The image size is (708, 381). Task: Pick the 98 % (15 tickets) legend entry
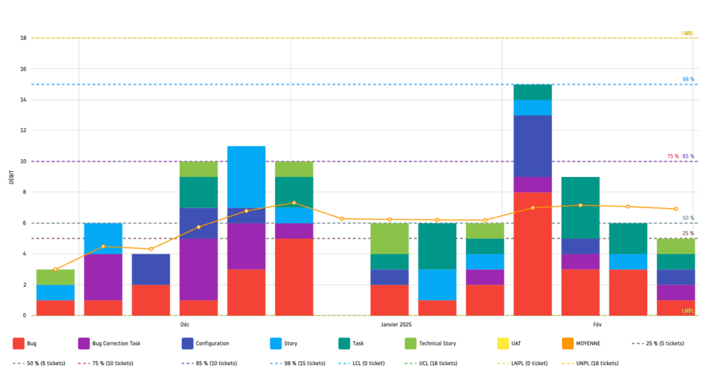(x=301, y=363)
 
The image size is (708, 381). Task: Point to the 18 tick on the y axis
(x=24, y=38)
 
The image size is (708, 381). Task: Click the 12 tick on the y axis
(x=24, y=131)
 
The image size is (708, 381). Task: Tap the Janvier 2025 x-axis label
(x=396, y=324)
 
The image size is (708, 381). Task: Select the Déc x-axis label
(x=185, y=324)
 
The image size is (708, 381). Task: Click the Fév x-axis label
(x=597, y=324)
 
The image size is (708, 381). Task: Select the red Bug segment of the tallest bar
(x=532, y=254)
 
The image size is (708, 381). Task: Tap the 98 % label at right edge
(x=687, y=80)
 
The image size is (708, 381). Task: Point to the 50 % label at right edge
(x=688, y=219)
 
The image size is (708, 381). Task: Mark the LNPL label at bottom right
(x=687, y=311)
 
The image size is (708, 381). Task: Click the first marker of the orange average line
(x=55, y=269)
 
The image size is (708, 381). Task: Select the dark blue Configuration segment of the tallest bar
(x=532, y=146)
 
